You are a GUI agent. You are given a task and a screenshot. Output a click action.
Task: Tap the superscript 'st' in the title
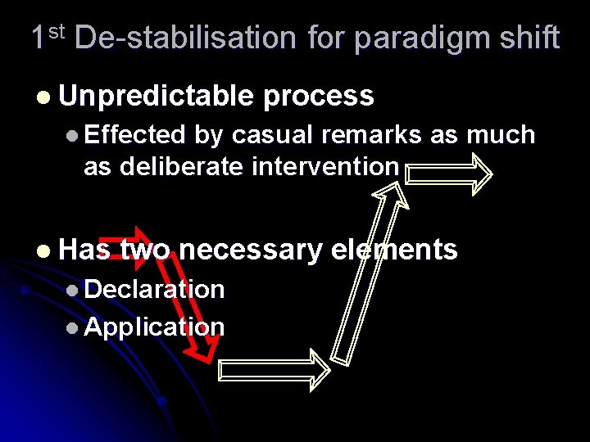point(55,31)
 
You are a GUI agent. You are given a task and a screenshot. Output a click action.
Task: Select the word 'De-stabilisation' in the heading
point(184,38)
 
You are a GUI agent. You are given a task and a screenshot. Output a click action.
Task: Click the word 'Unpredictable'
point(157,96)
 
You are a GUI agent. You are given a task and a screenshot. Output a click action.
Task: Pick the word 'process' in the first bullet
point(319,96)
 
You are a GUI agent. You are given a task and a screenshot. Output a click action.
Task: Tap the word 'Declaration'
point(154,288)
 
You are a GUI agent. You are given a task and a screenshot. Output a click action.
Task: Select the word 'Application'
point(154,327)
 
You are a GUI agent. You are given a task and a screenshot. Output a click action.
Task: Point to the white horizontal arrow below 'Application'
point(274,369)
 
